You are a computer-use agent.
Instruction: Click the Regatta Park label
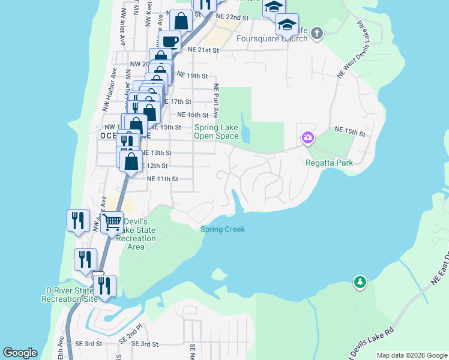click(328, 162)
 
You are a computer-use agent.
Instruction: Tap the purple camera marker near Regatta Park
click(307, 139)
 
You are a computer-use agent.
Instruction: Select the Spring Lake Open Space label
click(216, 131)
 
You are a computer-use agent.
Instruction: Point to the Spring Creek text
click(222, 229)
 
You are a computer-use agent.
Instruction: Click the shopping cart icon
click(112, 222)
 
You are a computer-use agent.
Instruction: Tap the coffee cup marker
click(169, 41)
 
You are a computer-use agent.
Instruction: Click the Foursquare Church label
click(272, 38)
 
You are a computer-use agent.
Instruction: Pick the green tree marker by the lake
click(360, 281)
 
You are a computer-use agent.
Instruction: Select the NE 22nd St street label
click(232, 18)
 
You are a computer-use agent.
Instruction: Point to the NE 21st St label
click(204, 50)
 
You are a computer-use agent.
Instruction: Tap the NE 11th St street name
click(163, 179)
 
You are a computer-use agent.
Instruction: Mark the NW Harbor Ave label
click(106, 97)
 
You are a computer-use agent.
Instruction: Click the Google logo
click(20, 353)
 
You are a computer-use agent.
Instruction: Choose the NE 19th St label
click(196, 76)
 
